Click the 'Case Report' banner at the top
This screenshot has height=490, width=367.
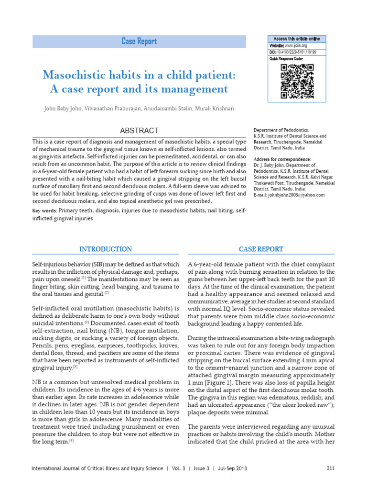pos(139,42)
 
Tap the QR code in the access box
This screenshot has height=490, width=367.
pos(296,81)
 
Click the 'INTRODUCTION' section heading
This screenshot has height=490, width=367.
pos(105,249)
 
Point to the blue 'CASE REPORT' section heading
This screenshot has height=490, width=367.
pos(260,249)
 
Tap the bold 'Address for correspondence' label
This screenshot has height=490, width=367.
pos(282,159)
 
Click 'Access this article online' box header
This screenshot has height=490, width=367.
pos(296,38)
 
